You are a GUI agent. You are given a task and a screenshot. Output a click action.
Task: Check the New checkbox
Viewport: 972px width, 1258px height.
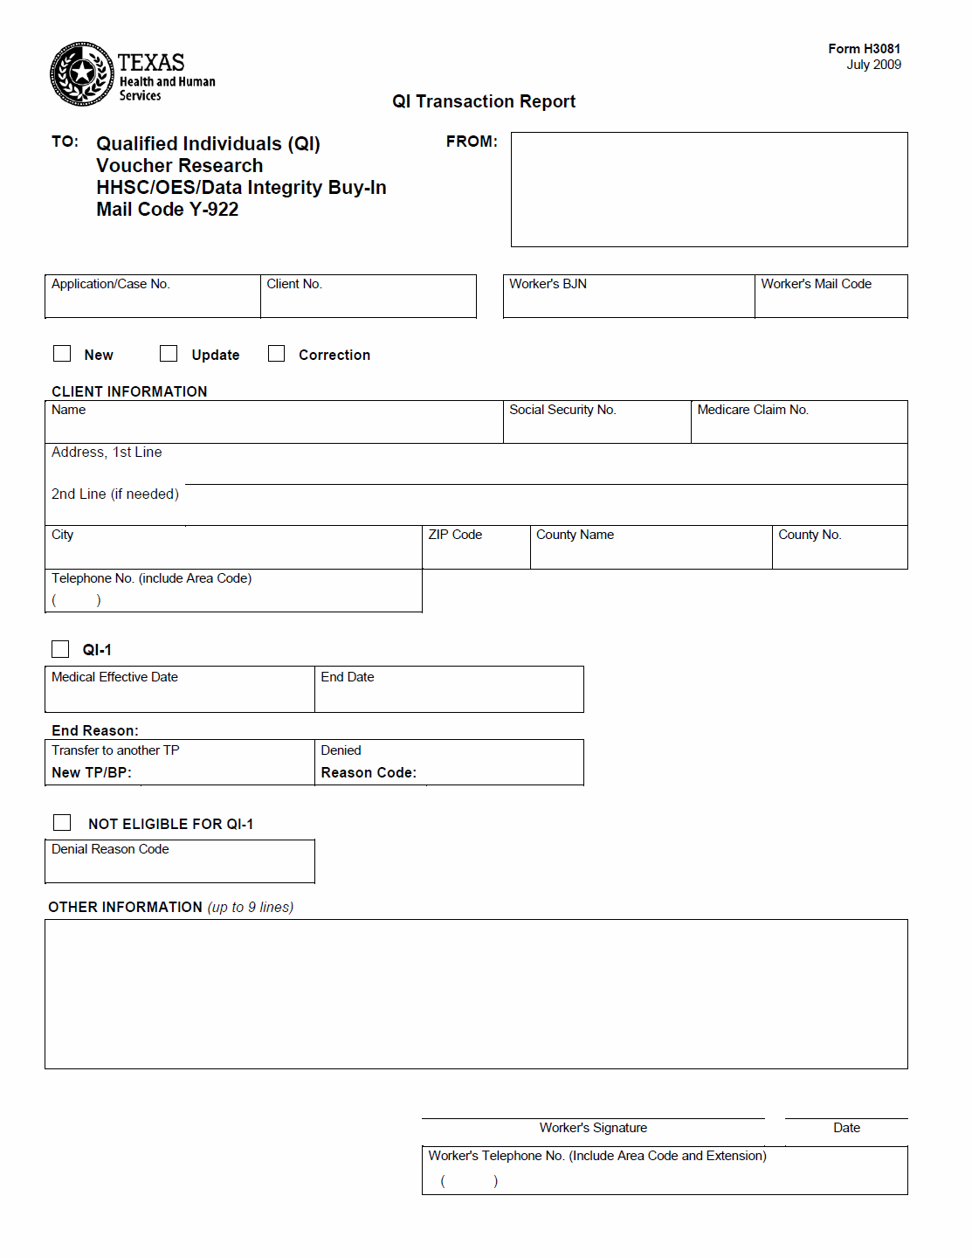click(x=62, y=354)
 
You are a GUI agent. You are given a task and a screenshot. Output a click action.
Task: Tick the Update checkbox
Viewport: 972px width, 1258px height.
click(x=169, y=354)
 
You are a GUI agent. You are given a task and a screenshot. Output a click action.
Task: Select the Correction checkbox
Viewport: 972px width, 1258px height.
click(x=276, y=354)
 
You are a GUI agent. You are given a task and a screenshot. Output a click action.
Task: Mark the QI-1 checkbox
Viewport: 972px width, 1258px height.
click(x=60, y=649)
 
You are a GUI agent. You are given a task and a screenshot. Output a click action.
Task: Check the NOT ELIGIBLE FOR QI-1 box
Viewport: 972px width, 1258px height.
click(x=62, y=823)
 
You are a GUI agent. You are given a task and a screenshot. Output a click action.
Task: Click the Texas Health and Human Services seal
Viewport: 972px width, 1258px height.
click(x=81, y=74)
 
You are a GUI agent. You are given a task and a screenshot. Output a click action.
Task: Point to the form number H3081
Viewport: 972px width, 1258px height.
click(x=864, y=49)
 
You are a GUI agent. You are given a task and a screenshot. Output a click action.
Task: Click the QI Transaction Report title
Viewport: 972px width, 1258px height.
click(x=484, y=101)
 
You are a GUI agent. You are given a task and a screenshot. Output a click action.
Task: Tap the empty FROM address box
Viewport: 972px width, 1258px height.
click(x=708, y=190)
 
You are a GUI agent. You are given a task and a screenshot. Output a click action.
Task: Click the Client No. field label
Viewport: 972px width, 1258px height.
click(x=294, y=284)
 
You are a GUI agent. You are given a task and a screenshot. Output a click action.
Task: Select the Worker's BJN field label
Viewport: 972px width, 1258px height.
click(x=548, y=284)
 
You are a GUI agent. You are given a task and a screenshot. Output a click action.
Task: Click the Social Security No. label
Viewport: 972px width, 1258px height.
click(x=562, y=410)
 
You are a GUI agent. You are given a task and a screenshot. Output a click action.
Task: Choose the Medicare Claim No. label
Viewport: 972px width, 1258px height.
click(x=753, y=410)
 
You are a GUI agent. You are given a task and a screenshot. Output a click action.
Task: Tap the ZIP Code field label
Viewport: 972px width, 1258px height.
click(x=455, y=535)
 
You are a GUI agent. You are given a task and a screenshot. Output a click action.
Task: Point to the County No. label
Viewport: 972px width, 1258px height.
click(x=810, y=535)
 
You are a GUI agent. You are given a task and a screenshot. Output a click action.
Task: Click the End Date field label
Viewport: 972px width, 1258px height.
click(x=348, y=677)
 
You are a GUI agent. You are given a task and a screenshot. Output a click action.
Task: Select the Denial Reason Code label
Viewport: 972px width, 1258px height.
click(x=110, y=849)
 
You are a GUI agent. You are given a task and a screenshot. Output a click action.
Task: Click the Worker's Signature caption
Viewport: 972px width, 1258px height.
click(x=593, y=1128)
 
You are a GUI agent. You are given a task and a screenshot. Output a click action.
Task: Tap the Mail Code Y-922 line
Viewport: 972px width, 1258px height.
click(x=168, y=210)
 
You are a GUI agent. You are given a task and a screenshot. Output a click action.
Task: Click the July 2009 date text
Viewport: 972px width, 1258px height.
click(x=873, y=65)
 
